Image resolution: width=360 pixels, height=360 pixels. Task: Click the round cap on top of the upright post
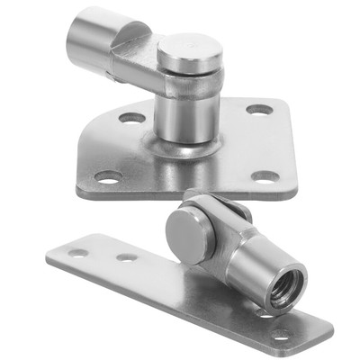point(189,51)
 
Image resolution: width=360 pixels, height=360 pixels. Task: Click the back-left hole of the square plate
point(131,117)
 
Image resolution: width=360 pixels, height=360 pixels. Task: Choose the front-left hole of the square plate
point(109,177)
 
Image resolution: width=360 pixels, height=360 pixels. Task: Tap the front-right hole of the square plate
point(265,176)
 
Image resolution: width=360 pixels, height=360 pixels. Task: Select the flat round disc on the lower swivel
point(190,236)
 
